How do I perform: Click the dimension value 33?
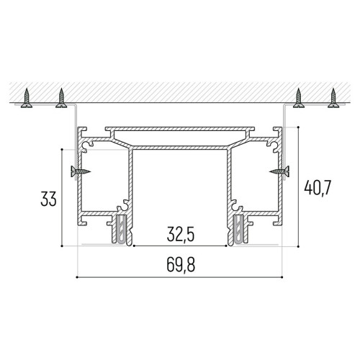coord(48,199)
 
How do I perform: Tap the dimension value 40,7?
coord(318,188)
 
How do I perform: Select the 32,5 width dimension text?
coord(181,234)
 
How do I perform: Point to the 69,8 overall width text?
coord(181,264)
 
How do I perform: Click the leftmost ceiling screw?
coord(27,98)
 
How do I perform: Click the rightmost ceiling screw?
coord(333,98)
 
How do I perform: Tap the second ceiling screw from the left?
coord(61,98)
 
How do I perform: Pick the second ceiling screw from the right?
coord(299,98)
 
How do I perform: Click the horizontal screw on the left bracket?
coord(81,171)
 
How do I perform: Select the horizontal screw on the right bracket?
coord(279,171)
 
